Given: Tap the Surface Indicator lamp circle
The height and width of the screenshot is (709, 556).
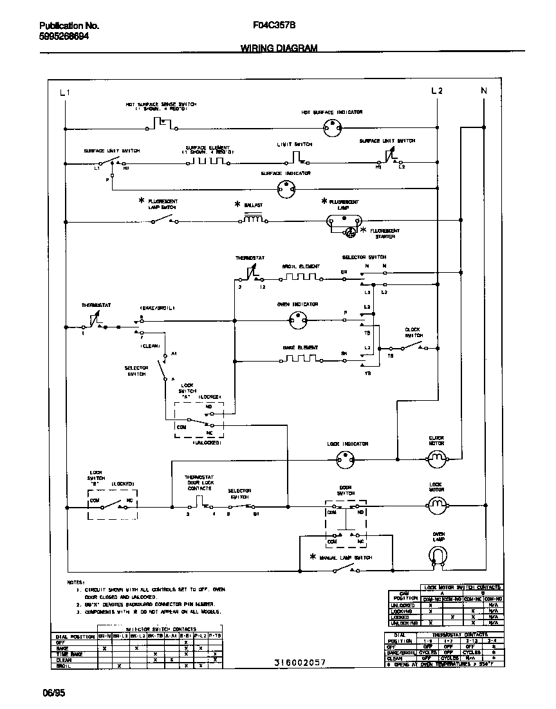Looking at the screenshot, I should coord(285,189).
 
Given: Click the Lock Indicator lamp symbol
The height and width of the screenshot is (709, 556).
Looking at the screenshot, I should coord(346,459).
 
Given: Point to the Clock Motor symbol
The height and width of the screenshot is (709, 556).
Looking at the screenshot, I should coord(437,459).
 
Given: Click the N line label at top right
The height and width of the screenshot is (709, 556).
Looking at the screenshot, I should coord(484,91).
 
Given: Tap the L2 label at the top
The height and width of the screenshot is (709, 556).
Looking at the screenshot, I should coord(437,91).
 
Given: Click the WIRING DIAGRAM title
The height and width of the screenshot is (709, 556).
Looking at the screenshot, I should coord(279,48).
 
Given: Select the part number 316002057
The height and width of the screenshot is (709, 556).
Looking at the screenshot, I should coord(300,663).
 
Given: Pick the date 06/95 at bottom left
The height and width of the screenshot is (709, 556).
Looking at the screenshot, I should coord(54,693).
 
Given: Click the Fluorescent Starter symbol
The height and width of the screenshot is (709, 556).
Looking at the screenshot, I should coord(351,232).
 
